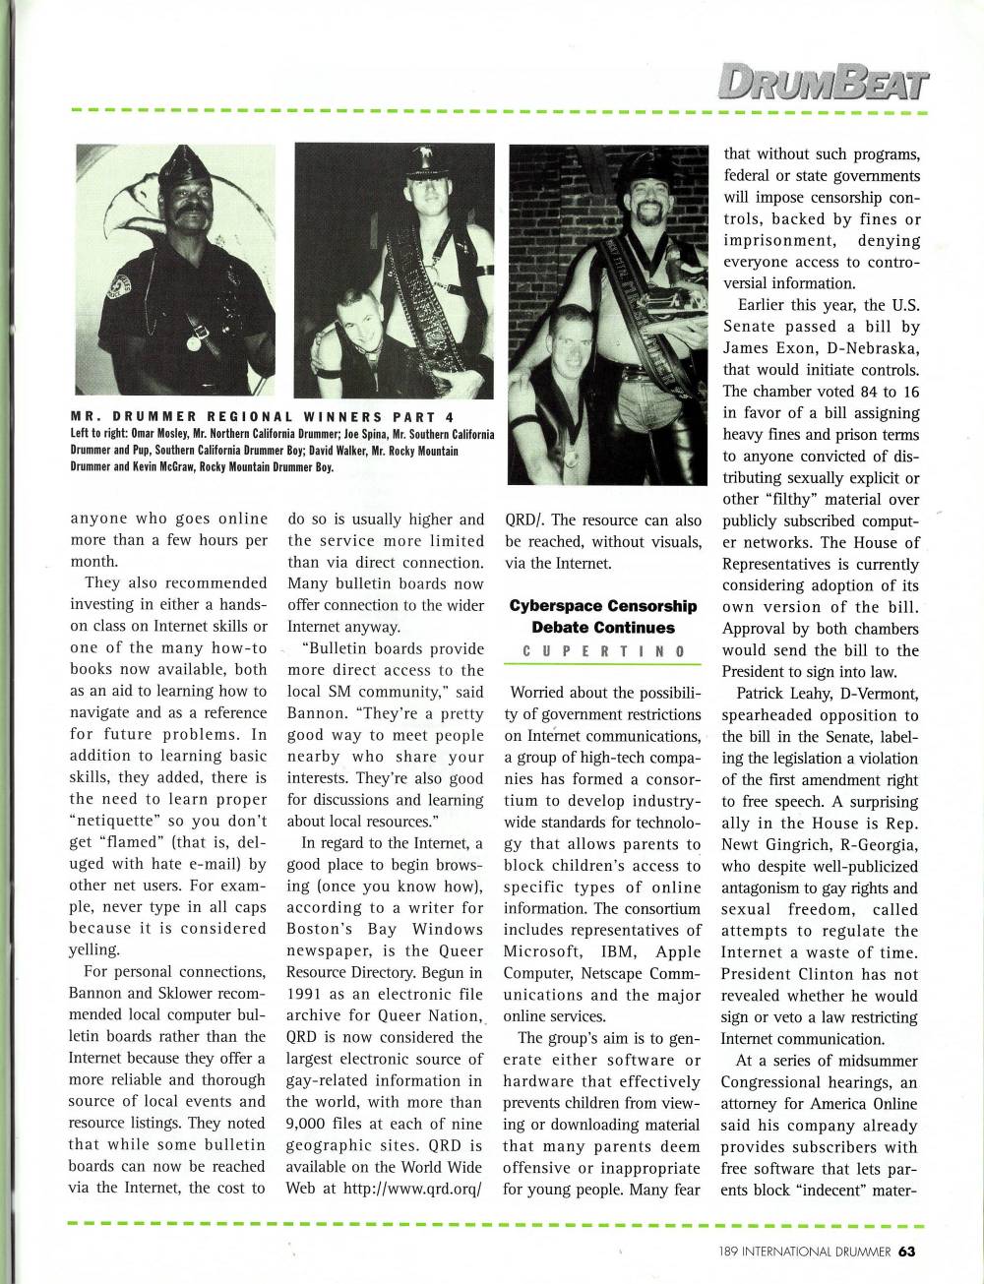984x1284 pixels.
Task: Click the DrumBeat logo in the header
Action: [822, 79]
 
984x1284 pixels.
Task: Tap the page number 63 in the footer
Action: [906, 1252]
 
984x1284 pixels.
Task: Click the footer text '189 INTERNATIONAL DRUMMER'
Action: [804, 1253]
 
